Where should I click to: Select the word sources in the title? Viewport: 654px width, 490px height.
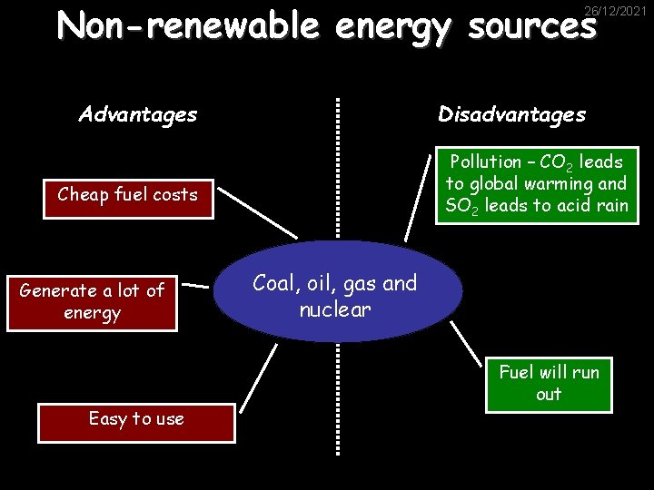point(532,27)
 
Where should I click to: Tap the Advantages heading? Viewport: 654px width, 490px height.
point(138,114)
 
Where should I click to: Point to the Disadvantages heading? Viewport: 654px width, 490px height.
point(512,114)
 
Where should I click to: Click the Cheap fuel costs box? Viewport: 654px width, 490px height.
point(127,195)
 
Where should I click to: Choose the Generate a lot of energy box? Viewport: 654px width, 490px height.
point(92,301)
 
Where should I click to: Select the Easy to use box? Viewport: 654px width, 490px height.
point(136,419)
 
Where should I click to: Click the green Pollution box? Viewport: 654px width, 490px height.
point(537,184)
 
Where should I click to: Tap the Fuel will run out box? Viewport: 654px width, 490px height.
point(549,383)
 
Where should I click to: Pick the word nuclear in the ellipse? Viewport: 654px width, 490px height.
point(335,310)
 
